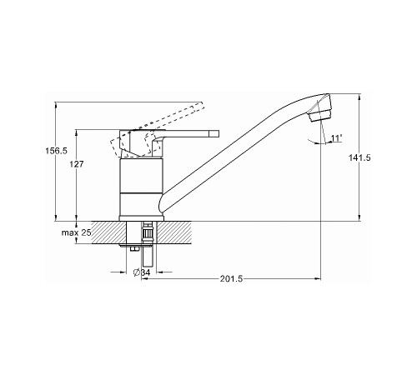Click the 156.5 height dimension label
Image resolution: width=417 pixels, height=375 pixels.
56,151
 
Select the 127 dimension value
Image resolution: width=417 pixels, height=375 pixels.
77,164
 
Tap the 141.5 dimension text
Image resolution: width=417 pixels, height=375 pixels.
359,157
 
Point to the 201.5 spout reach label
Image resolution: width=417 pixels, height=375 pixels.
231,278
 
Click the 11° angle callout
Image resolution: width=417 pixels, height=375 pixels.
336,137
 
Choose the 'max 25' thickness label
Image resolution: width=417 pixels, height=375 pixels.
76,232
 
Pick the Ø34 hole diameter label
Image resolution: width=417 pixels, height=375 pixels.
142,272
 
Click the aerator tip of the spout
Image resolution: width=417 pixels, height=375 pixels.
319,114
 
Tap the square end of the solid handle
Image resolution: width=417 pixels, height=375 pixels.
214,133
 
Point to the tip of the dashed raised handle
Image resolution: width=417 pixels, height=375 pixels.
201,106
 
